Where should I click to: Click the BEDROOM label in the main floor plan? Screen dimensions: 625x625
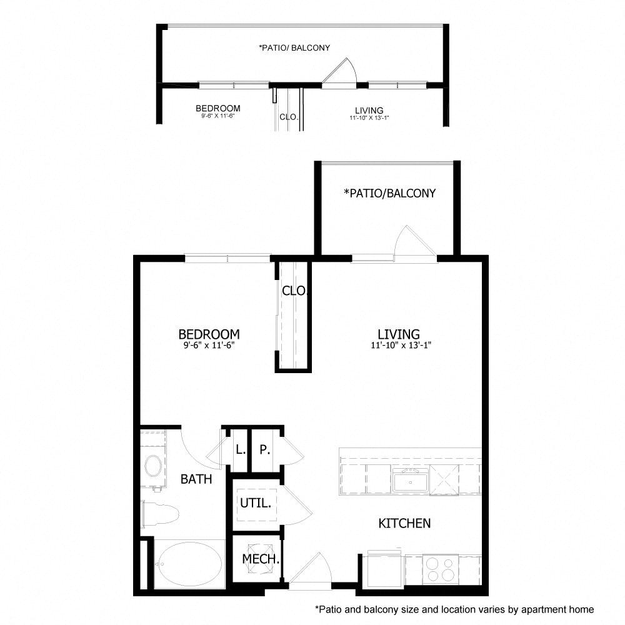(209, 334)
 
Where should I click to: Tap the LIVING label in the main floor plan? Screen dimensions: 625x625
(398, 334)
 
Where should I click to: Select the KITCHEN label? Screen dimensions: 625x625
(404, 523)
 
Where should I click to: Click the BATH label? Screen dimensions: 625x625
(196, 479)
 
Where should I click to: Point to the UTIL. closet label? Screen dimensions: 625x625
(256, 502)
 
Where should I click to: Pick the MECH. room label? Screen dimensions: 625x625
(260, 559)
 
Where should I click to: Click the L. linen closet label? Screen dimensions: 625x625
(239, 449)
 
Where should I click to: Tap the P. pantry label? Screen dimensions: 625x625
(264, 449)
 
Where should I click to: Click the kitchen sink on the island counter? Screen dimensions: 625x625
(411, 481)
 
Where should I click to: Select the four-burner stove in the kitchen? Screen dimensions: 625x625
(439, 569)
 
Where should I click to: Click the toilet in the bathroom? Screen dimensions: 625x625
(159, 513)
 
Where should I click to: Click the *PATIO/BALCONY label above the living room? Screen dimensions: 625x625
(389, 193)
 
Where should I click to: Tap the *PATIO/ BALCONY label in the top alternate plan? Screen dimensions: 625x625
(294, 47)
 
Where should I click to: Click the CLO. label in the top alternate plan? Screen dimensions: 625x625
(288, 117)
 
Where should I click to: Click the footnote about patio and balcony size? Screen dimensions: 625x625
(454, 609)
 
